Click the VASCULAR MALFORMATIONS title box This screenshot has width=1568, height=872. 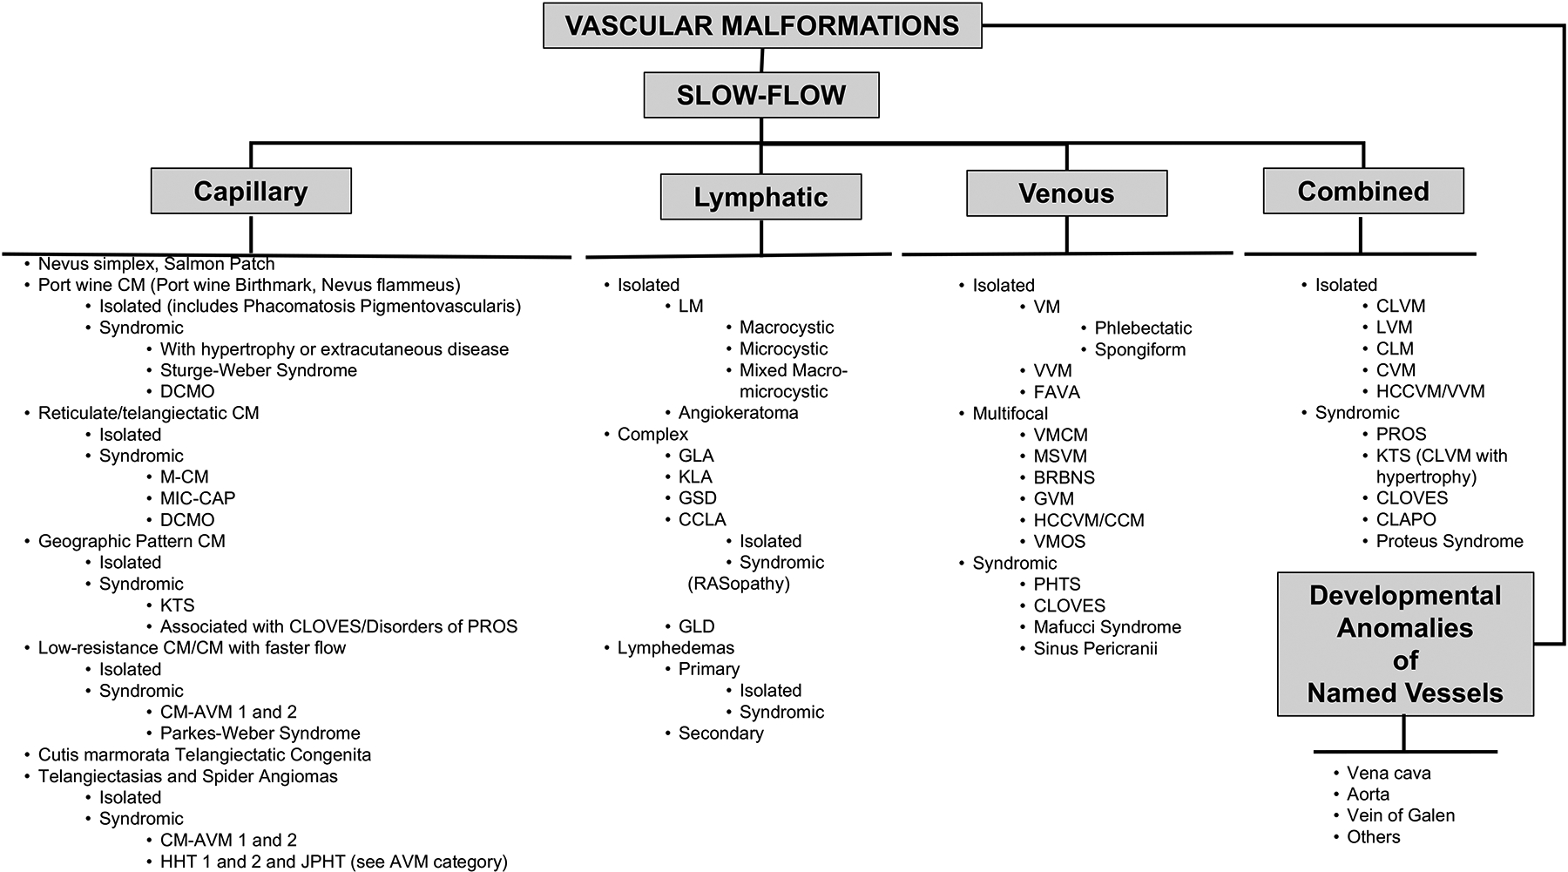[762, 25]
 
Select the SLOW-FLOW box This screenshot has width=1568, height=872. [761, 95]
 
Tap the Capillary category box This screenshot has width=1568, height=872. [251, 191]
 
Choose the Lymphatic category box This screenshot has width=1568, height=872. [760, 197]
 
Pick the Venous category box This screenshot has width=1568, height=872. [1066, 193]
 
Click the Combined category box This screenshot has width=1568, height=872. [1363, 191]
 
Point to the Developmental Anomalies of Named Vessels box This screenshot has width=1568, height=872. [1405, 644]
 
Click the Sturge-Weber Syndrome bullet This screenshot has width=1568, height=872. [258, 370]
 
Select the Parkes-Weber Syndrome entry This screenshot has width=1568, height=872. [260, 733]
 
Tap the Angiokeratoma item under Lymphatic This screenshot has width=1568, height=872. [738, 413]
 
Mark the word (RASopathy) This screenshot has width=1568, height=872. [739, 584]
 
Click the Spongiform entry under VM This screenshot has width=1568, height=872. [1139, 349]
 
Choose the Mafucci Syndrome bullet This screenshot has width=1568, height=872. [1107, 626]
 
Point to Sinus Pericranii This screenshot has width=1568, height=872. [1095, 648]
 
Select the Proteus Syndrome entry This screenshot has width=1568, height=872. [1450, 541]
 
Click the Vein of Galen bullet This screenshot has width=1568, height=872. [1400, 815]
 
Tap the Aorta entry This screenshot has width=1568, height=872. [1368, 794]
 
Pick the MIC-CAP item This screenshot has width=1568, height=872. [197, 498]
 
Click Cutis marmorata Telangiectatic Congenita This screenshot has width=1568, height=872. [204, 754]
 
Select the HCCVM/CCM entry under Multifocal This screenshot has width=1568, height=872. [1088, 520]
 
